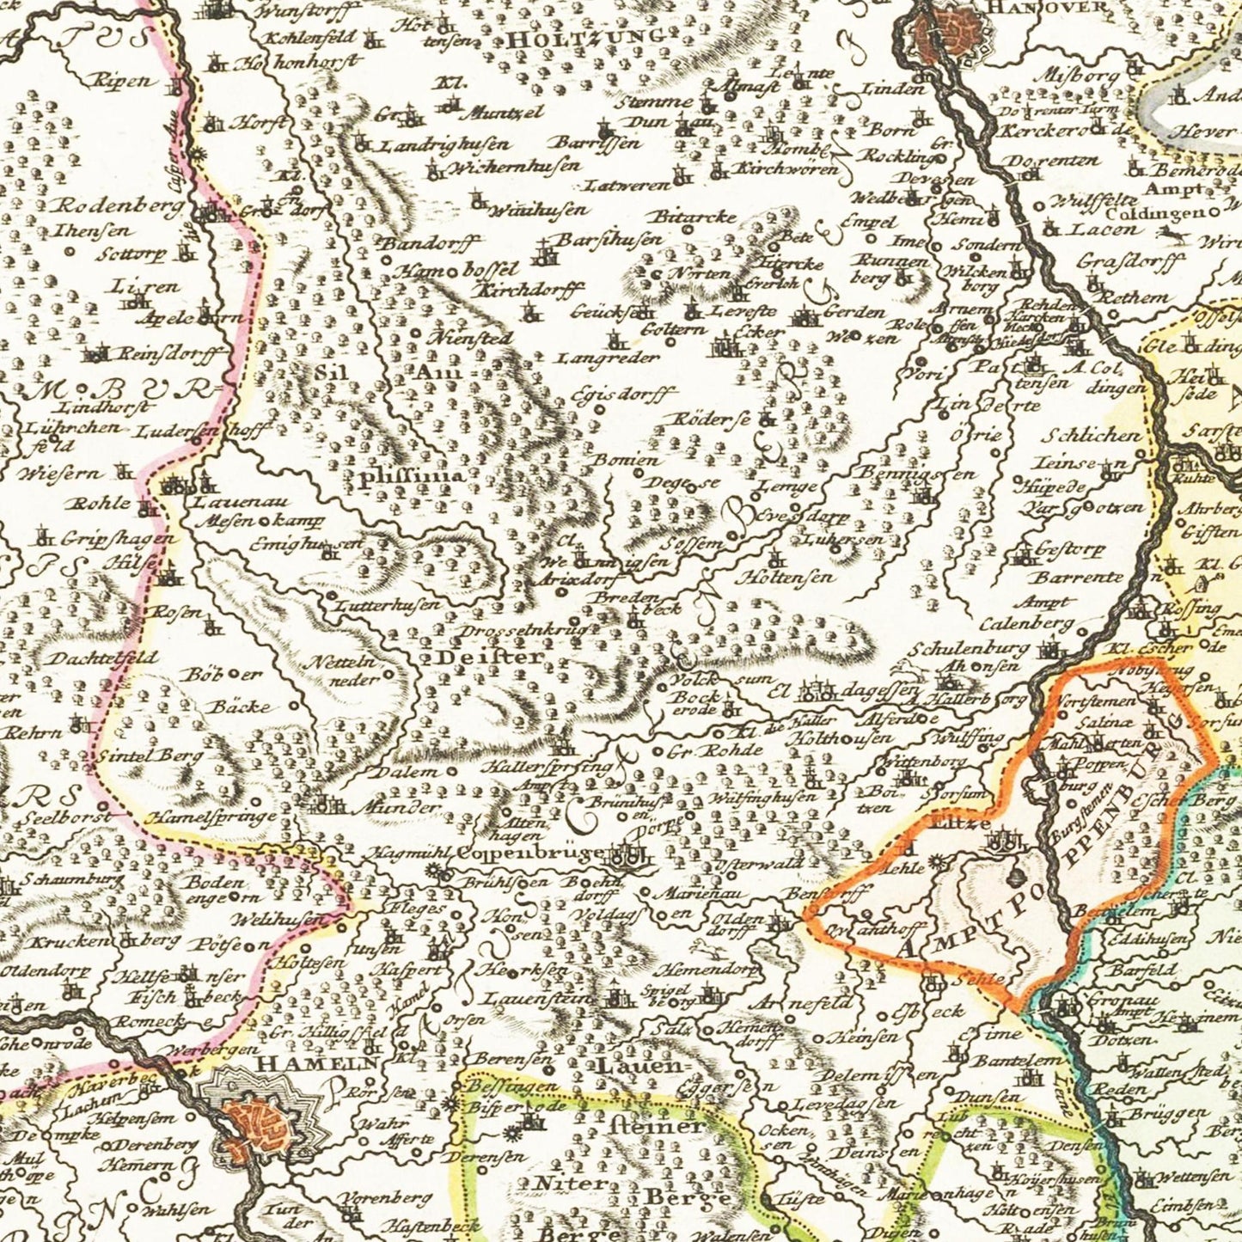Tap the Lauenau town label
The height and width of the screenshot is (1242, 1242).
[229, 502]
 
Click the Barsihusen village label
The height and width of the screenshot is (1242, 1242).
[609, 238]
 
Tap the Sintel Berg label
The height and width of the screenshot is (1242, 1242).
[150, 756]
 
